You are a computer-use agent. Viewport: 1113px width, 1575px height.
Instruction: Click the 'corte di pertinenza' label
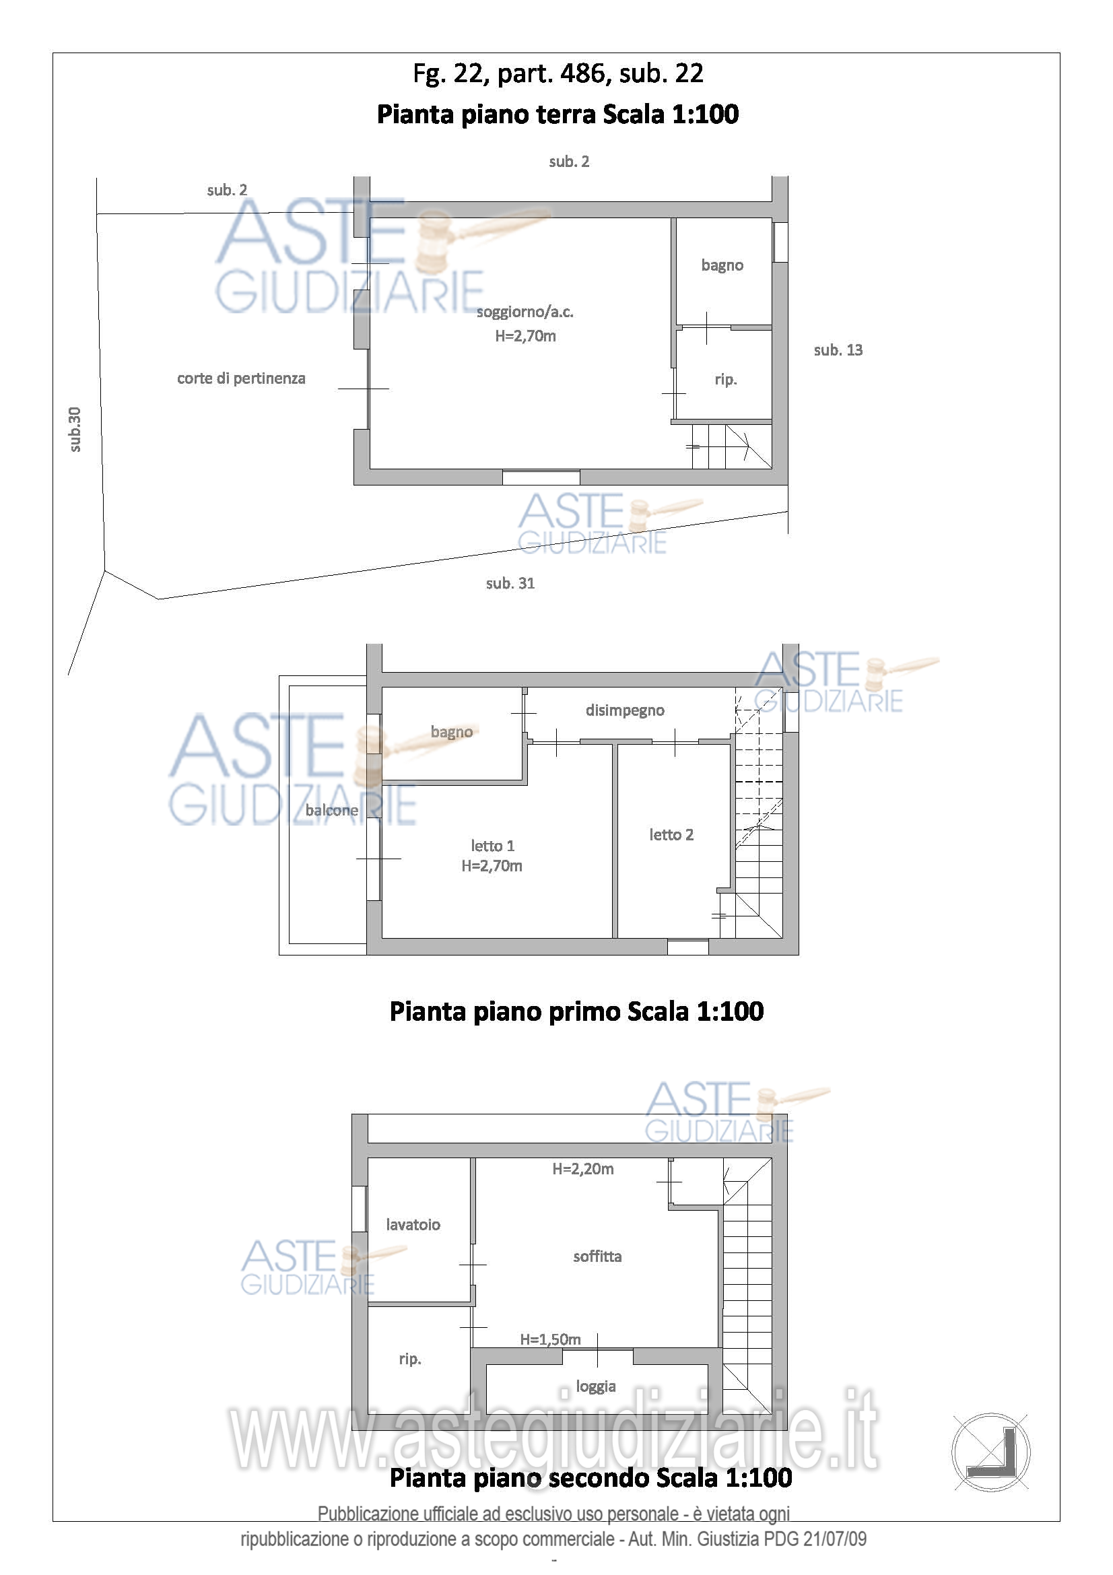click(242, 378)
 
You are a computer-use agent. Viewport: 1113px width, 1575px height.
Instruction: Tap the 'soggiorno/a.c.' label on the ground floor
click(525, 312)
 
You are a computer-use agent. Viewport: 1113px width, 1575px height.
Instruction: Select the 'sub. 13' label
click(838, 350)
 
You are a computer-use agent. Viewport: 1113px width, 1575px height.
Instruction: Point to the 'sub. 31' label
click(510, 583)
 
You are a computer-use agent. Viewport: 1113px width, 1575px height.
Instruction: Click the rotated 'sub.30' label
click(75, 430)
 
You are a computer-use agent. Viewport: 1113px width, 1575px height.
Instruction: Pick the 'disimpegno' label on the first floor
click(625, 710)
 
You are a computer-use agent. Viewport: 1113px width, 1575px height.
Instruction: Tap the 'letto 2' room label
click(671, 835)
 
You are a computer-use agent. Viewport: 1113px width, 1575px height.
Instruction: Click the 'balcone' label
click(332, 810)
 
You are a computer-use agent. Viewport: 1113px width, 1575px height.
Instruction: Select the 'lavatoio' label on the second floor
click(413, 1224)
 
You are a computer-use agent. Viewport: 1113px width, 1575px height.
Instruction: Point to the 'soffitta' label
click(597, 1256)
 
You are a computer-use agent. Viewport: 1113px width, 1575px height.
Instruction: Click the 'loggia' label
click(596, 1386)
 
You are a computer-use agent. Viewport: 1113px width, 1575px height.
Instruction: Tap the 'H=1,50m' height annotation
click(550, 1339)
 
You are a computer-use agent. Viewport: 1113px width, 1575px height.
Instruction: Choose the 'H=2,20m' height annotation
click(583, 1169)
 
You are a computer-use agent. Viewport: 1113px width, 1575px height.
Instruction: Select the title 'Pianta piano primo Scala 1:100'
click(577, 1012)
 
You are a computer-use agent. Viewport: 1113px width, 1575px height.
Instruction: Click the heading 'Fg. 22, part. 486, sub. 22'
click(558, 73)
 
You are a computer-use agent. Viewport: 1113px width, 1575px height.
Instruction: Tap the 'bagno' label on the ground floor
click(722, 265)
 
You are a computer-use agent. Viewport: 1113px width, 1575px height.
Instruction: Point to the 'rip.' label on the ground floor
click(726, 379)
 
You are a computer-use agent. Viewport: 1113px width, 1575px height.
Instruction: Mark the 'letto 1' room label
click(492, 846)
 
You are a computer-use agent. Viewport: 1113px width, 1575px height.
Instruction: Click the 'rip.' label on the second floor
click(410, 1359)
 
